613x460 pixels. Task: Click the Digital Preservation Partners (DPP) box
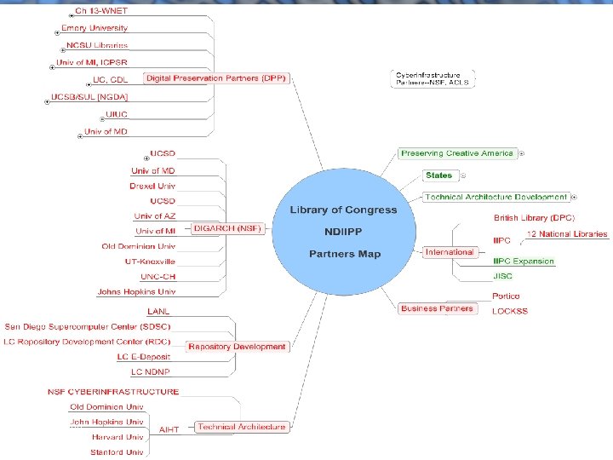[216, 78]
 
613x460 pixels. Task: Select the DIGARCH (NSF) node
[228, 228]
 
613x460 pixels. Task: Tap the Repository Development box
[237, 347]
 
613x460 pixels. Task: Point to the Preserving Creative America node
[457, 153]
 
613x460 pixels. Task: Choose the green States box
[439, 175]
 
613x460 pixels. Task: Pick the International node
[450, 252]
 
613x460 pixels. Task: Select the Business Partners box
[437, 308]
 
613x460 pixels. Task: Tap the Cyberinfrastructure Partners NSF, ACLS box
[433, 78]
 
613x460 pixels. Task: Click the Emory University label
[94, 28]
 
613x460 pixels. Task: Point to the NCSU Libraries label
[97, 44]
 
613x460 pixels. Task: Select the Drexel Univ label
[152, 186]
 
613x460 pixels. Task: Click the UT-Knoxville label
[150, 262]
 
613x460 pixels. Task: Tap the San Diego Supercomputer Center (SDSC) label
[87, 326]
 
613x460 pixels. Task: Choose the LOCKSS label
[510, 311]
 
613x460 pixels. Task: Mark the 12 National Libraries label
[567, 233]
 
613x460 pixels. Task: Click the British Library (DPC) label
[534, 218]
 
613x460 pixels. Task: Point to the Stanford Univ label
[117, 451]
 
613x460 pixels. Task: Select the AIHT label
[169, 429]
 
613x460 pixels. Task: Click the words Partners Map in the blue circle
[344, 254]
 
